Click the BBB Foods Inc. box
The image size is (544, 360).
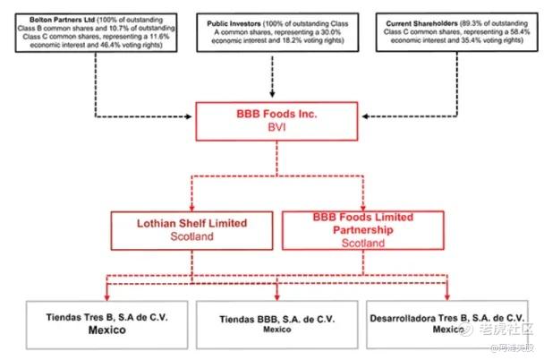(x=271, y=120)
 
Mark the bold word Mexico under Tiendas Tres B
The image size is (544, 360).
(x=85, y=330)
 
